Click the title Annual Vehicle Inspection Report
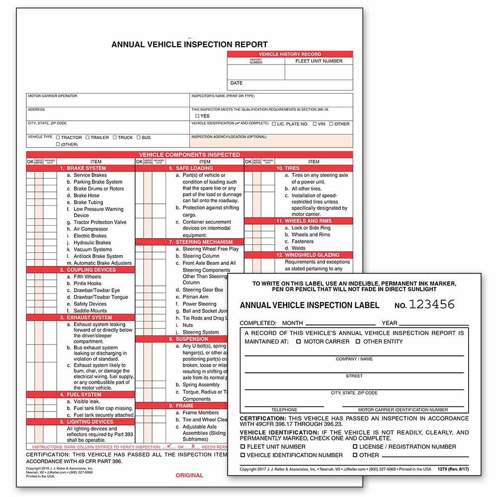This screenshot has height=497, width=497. click(189, 44)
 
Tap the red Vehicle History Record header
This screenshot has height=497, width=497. click(290, 54)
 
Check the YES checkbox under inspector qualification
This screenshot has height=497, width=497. click(197, 116)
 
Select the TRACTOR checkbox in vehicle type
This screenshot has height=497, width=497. click(58, 138)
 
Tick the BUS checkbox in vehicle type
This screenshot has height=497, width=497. click(139, 138)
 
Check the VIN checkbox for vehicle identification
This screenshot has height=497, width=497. click(315, 124)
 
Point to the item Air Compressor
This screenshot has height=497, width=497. click(90, 229)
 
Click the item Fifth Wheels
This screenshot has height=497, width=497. click(87, 277)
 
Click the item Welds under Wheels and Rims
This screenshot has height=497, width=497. click(299, 248)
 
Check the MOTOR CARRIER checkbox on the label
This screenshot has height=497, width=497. click(298, 342)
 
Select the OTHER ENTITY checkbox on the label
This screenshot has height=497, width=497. click(358, 342)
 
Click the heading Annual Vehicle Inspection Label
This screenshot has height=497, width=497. click(309, 305)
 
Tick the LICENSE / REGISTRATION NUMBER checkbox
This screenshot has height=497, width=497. click(355, 447)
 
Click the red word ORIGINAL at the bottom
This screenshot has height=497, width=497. click(189, 476)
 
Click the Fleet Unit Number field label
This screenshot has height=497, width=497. click(319, 61)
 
